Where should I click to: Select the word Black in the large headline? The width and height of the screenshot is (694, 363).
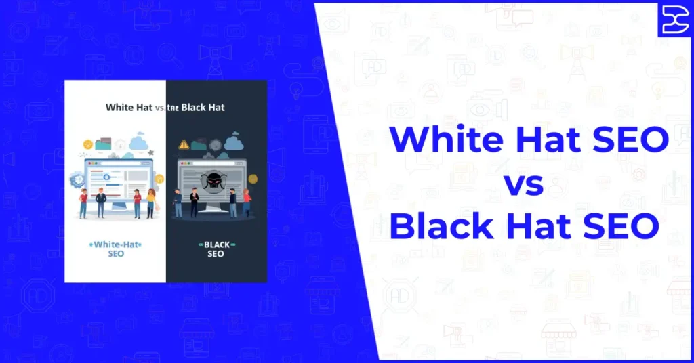(x=440, y=226)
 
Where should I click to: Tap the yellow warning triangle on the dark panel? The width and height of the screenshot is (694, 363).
(x=183, y=144)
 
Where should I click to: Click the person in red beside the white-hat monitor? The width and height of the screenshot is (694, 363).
(x=83, y=202)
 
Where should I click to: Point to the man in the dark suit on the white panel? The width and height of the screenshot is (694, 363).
(x=101, y=202)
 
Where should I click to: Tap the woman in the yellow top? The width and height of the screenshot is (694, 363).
(x=150, y=202)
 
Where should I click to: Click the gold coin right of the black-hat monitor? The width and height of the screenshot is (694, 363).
(x=253, y=179)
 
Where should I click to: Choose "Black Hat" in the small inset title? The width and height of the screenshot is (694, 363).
(x=203, y=108)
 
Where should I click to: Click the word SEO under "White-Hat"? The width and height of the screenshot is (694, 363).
(x=116, y=254)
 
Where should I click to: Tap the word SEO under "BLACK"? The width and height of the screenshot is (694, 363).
(x=216, y=254)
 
